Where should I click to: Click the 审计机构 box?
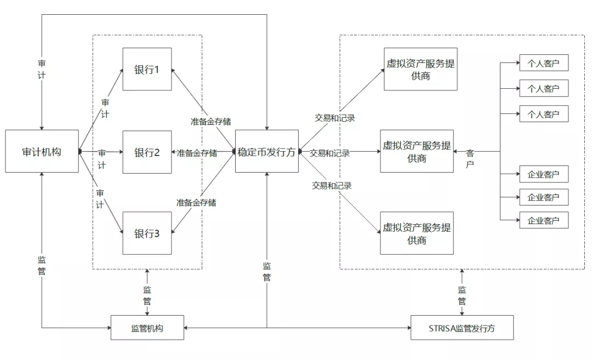(x=42, y=151)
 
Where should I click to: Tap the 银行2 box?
(x=147, y=152)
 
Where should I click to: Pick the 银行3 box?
(x=147, y=233)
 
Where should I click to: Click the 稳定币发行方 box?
(x=267, y=151)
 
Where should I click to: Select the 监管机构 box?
(x=147, y=328)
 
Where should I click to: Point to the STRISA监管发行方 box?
(x=462, y=328)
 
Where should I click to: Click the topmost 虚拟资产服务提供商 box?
(x=420, y=69)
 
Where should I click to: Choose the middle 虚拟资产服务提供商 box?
(x=417, y=152)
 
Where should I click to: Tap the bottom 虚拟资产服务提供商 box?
(x=417, y=233)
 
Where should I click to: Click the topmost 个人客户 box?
(x=544, y=63)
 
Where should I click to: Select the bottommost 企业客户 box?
(x=544, y=220)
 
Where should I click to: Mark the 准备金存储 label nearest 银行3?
(x=196, y=203)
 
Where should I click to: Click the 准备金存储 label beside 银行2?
(x=197, y=153)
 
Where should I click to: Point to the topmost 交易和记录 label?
(x=334, y=117)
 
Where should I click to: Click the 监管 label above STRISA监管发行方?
(x=462, y=295)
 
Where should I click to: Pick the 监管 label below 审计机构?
(x=42, y=265)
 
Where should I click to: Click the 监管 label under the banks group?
(x=147, y=295)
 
